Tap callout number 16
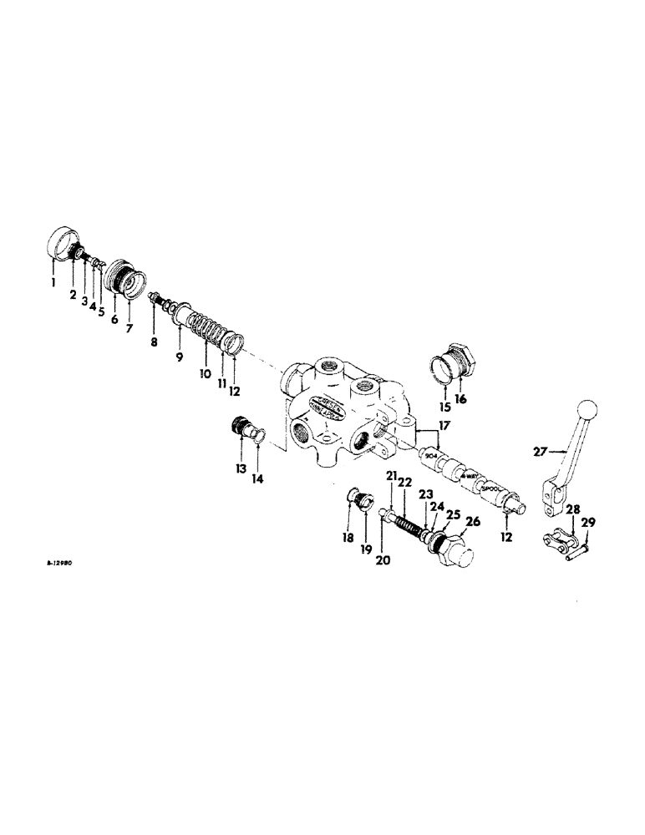[460, 399]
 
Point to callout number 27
[539, 452]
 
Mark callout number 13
[241, 469]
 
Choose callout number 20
[383, 561]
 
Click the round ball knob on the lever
[588, 410]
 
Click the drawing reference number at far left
[59, 564]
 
